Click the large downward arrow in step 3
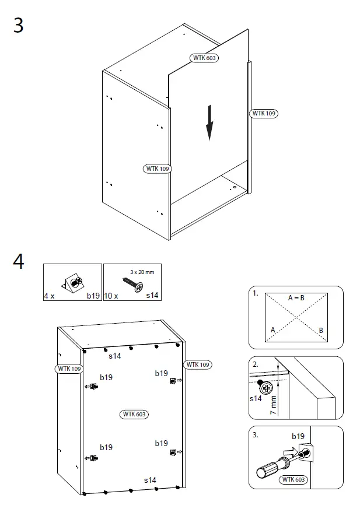coord(209,123)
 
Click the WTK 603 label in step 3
coord(204,58)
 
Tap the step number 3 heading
coord(19,26)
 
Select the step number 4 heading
coord(19,262)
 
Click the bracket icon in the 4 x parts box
coord(75,283)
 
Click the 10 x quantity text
coord(111,296)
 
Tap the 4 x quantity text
coord(49,296)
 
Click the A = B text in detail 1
coord(296,297)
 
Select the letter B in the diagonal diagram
coord(321,330)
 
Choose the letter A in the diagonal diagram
coord(272,330)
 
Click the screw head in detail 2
coord(266,387)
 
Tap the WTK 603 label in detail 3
coord(293,479)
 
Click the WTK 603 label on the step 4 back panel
coord(134,414)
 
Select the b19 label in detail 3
coord(298,436)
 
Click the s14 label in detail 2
coord(256,399)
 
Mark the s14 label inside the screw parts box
coord(152,296)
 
